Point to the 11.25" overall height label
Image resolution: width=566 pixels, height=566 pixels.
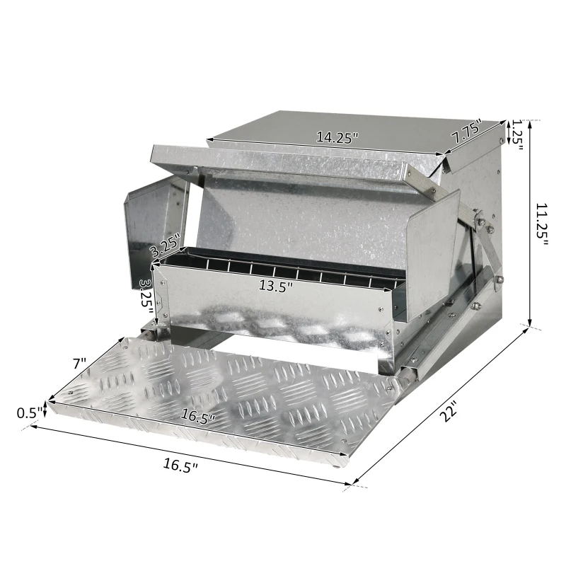(x=541, y=225)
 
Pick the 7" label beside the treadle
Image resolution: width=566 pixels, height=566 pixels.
(x=79, y=364)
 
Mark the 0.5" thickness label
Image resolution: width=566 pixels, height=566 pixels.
(x=28, y=410)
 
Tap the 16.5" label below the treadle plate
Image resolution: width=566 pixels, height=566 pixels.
(x=181, y=465)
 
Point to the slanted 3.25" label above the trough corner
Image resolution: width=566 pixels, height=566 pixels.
(x=165, y=246)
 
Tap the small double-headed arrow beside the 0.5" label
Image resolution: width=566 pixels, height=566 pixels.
(x=46, y=410)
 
